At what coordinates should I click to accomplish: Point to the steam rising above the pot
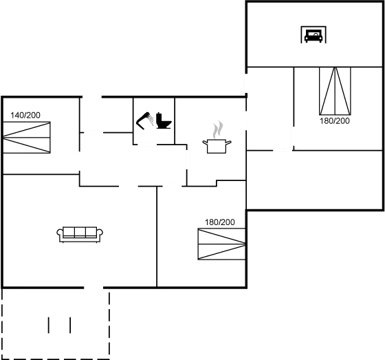218,129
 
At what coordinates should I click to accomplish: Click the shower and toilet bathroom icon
153,121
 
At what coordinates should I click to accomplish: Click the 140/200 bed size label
25,115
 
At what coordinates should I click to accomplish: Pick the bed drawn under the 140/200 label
27,137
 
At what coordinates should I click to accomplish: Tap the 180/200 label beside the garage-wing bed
335,121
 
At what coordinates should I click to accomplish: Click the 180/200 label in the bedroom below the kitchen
220,222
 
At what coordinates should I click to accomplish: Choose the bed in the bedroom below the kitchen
221,244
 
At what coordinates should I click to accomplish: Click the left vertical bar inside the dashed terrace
49,325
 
